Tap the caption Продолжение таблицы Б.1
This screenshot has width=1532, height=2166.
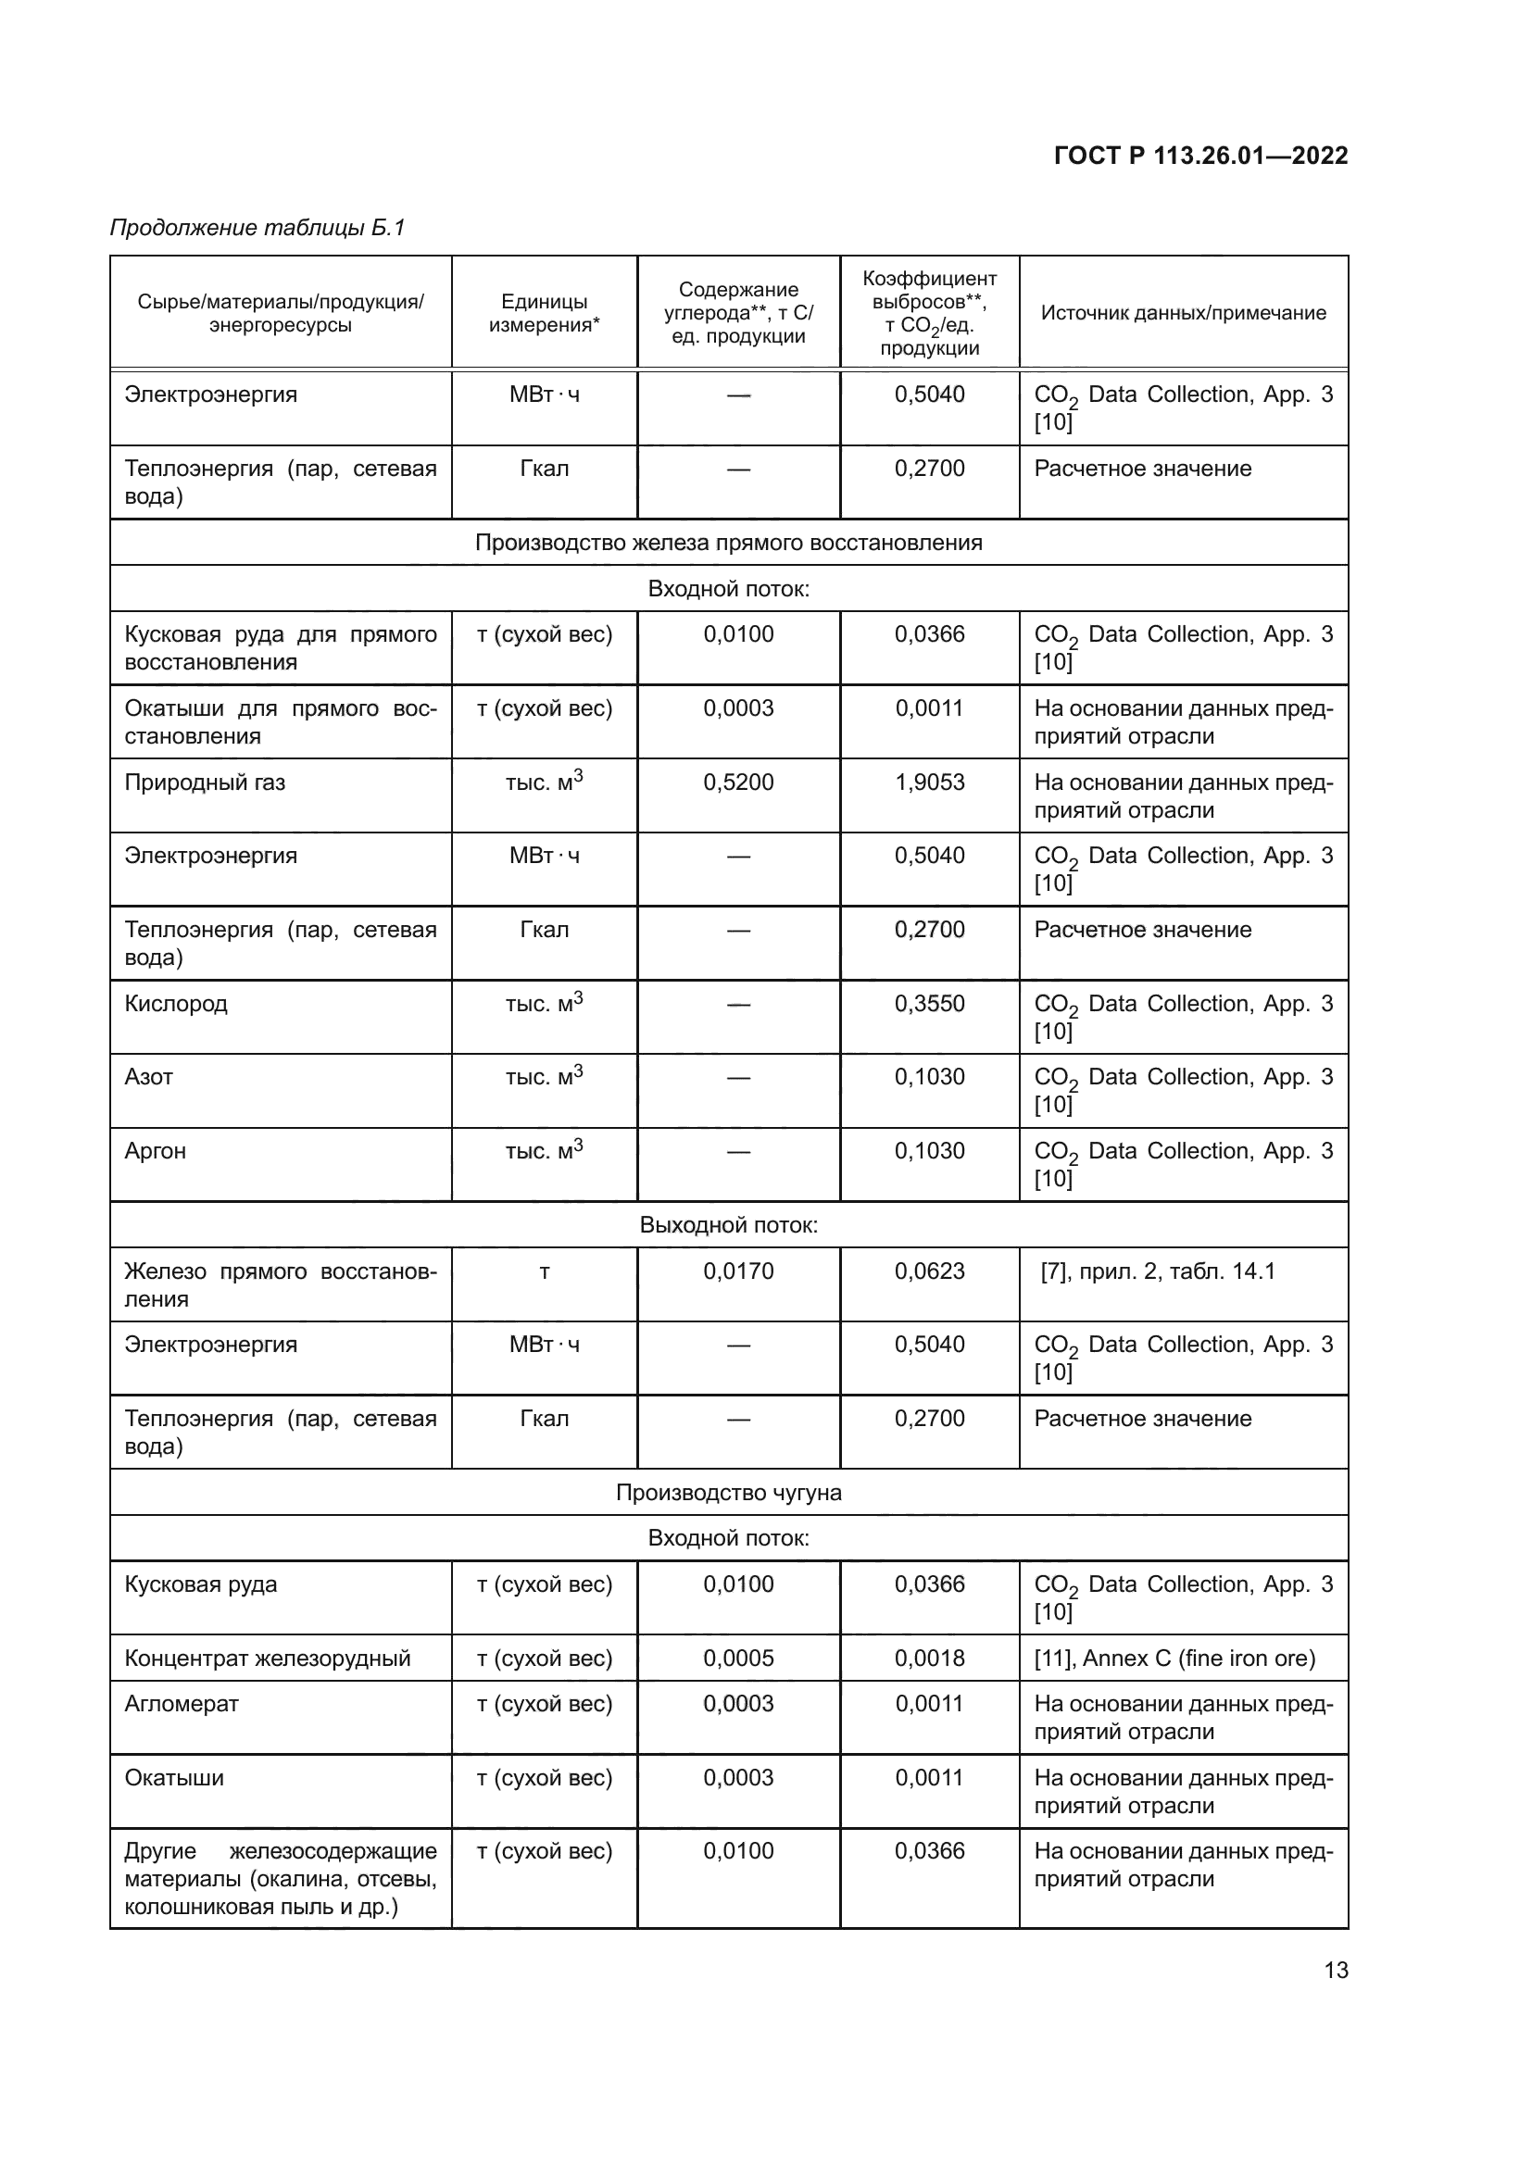click(x=257, y=228)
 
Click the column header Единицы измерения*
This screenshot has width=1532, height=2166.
click(x=544, y=312)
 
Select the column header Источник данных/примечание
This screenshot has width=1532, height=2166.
click(x=1183, y=312)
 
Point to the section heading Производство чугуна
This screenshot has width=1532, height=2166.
click(x=728, y=1492)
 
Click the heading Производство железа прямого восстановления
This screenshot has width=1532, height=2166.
click(x=728, y=543)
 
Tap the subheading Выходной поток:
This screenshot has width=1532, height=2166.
click(x=728, y=1224)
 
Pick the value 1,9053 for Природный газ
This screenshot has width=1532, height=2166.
click(x=929, y=783)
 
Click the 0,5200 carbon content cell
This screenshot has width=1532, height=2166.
click(x=737, y=783)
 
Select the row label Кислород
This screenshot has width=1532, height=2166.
click(x=176, y=1003)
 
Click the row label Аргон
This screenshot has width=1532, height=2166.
click(x=156, y=1151)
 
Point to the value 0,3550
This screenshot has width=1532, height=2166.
click(x=929, y=1003)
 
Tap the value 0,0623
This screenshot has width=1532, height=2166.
click(x=929, y=1271)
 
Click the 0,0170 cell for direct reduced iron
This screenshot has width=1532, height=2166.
click(x=737, y=1271)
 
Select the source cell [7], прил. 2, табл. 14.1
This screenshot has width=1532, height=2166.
click(x=1158, y=1271)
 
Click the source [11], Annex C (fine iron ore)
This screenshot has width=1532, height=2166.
click(x=1174, y=1658)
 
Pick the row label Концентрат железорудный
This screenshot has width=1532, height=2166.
click(x=268, y=1658)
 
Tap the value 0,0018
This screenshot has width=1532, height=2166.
click(x=929, y=1658)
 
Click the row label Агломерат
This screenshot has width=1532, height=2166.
click(x=182, y=1704)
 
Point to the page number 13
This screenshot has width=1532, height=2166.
click(x=1336, y=1970)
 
